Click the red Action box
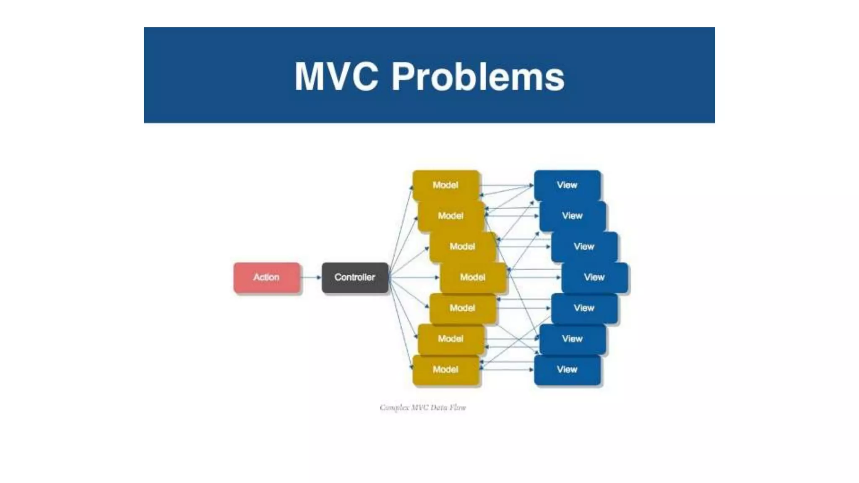267,277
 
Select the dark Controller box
355,277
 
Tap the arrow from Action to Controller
311,277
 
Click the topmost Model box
445,185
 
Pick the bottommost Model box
445,369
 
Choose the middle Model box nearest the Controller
473,277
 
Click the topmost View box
567,185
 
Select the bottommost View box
567,369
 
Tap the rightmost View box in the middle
594,277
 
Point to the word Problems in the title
478,76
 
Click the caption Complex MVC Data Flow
423,408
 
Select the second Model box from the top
451,216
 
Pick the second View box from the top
573,216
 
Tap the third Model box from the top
462,247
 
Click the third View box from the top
584,247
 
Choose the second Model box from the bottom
451,339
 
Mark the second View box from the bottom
573,339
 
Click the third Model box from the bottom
462,308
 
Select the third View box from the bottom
584,308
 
